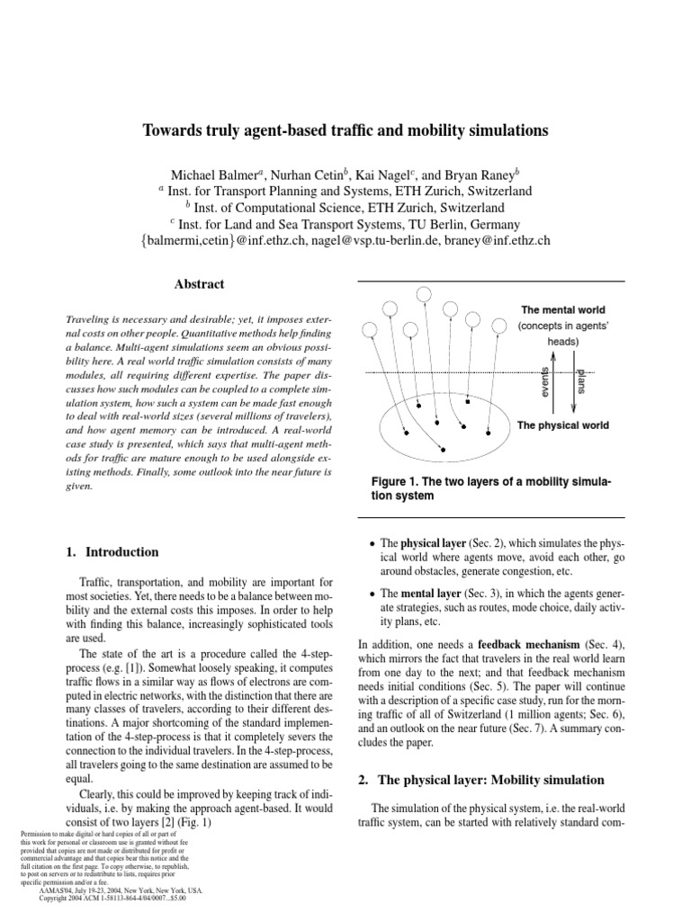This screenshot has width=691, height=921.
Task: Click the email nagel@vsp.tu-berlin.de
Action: click(372, 240)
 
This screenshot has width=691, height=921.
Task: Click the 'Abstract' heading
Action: click(199, 284)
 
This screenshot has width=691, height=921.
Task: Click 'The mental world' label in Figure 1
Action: click(563, 310)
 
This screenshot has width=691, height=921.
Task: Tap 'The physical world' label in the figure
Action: click(562, 425)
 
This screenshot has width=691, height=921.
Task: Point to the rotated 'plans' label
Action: click(580, 379)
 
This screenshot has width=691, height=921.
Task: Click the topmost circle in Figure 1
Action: click(423, 293)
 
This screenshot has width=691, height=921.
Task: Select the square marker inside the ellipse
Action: click(467, 402)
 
